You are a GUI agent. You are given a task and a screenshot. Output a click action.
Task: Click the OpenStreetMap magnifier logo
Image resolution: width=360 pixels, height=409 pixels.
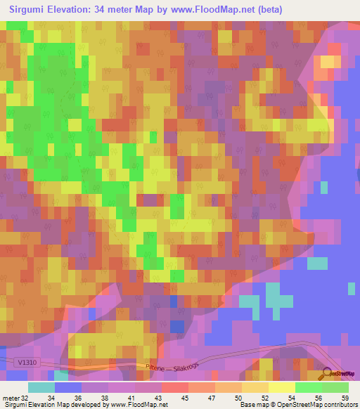click(x=327, y=376)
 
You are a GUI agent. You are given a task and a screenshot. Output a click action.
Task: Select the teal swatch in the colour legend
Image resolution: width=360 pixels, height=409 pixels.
click(x=41, y=387)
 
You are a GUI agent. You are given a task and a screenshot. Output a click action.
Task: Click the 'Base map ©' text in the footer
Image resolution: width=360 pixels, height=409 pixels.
click(x=259, y=405)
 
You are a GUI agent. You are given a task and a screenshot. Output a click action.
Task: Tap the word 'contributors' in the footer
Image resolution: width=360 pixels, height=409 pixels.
click(x=340, y=405)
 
